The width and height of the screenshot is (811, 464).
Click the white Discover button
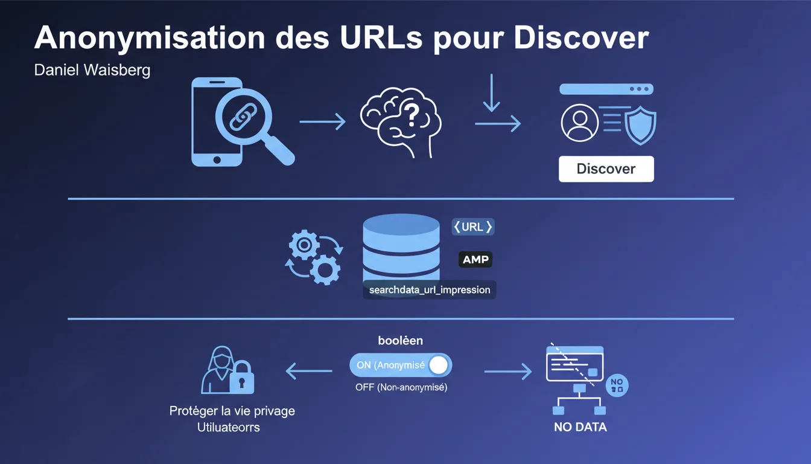coord(606,169)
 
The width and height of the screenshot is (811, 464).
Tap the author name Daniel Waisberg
coord(92,70)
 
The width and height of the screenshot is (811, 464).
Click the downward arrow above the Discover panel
coord(492,93)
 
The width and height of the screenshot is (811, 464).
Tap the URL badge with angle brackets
coord(473,227)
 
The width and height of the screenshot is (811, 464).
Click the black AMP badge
coord(475,260)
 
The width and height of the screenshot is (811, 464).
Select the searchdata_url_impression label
coord(429,290)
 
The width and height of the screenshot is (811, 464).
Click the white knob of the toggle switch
coord(439,365)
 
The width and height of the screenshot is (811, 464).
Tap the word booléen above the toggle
coord(400,341)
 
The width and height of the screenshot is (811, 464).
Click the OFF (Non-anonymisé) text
coord(401,388)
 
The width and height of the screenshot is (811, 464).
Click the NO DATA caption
coord(580,427)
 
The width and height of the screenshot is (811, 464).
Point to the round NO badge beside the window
coord(617,385)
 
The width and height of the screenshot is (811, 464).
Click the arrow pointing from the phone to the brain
coord(322,122)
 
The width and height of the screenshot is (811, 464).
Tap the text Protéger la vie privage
coord(232,411)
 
